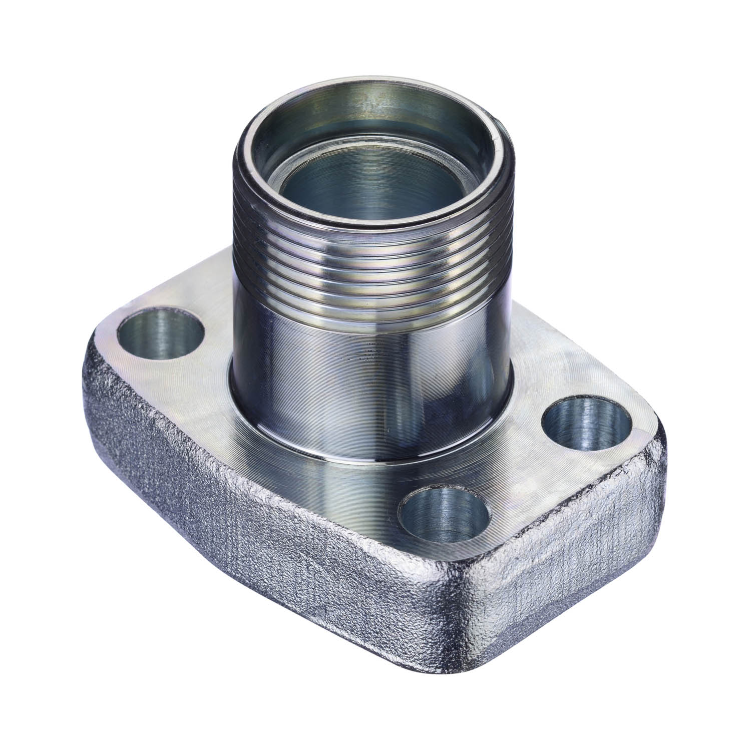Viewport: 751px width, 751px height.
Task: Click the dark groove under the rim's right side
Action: (x=503, y=165)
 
